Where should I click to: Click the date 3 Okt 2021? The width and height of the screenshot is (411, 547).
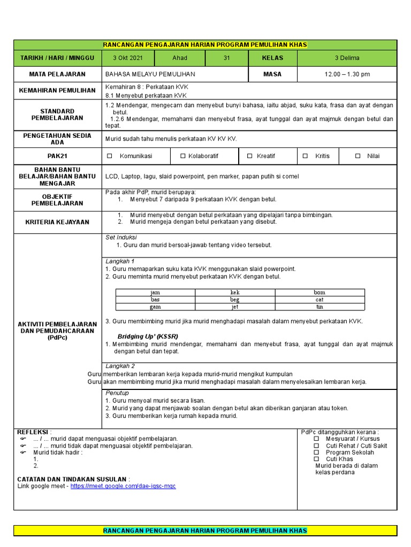click(128, 58)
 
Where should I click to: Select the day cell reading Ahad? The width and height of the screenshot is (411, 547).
click(180, 58)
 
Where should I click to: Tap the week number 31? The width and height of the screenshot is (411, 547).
click(226, 58)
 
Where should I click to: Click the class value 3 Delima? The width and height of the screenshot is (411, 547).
click(347, 58)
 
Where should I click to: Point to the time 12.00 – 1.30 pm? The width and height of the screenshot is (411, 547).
click(347, 74)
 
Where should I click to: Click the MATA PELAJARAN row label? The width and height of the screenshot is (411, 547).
click(57, 74)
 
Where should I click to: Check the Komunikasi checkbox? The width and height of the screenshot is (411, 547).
click(110, 156)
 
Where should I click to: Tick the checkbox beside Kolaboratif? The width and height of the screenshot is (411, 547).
click(183, 156)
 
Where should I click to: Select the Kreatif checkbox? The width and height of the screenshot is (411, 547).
click(249, 156)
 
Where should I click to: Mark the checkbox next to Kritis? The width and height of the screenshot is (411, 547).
click(305, 156)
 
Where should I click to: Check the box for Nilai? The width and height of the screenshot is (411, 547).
click(357, 156)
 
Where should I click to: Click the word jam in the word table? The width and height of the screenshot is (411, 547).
click(155, 293)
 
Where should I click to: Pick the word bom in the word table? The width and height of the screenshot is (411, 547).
click(319, 293)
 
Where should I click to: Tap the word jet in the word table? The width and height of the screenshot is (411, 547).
click(235, 307)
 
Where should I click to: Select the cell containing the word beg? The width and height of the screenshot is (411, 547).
click(235, 300)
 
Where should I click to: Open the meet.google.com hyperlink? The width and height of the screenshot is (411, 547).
click(123, 486)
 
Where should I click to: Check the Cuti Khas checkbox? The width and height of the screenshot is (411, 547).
click(316, 459)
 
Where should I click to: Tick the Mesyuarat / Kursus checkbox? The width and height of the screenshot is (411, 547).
click(316, 439)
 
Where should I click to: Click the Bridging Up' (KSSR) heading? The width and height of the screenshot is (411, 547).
click(148, 337)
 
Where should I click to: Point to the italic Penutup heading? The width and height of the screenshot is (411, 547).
click(117, 393)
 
